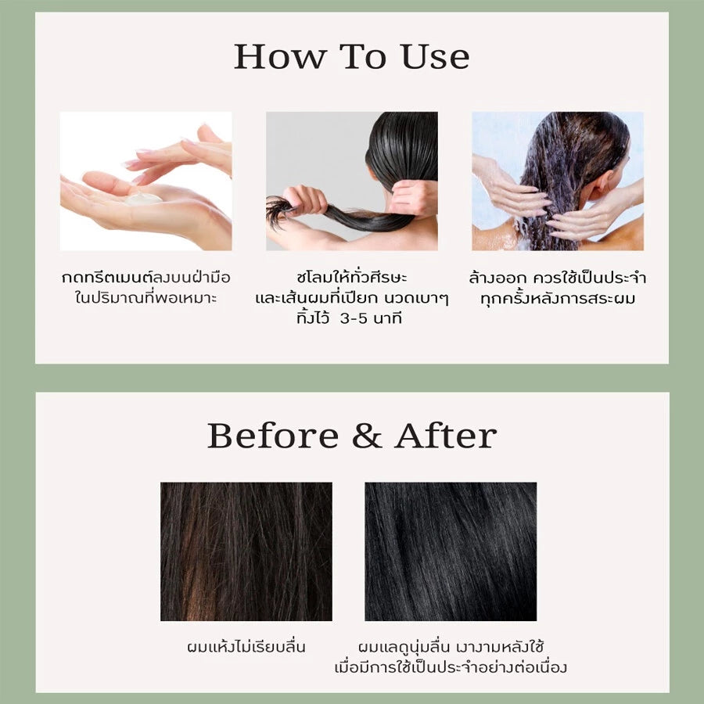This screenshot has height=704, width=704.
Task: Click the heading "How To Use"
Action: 351,56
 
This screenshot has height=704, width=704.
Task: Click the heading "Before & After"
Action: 351,436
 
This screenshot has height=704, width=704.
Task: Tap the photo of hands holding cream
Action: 145,181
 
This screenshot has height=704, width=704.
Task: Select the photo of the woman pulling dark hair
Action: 351,181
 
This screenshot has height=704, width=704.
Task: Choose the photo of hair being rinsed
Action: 557,181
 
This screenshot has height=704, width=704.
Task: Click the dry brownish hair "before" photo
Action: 246,551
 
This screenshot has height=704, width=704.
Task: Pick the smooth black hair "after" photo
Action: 451,551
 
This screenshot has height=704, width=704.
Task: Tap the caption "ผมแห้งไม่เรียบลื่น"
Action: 246,647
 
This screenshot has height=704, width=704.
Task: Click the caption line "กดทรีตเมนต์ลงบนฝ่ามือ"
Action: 145,278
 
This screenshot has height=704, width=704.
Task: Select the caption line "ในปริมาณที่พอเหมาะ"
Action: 145,298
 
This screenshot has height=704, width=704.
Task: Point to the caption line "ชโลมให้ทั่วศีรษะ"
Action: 351,278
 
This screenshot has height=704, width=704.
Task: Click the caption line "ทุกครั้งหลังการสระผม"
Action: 557,298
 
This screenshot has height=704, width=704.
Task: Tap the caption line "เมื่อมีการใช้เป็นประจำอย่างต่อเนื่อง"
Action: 451,667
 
